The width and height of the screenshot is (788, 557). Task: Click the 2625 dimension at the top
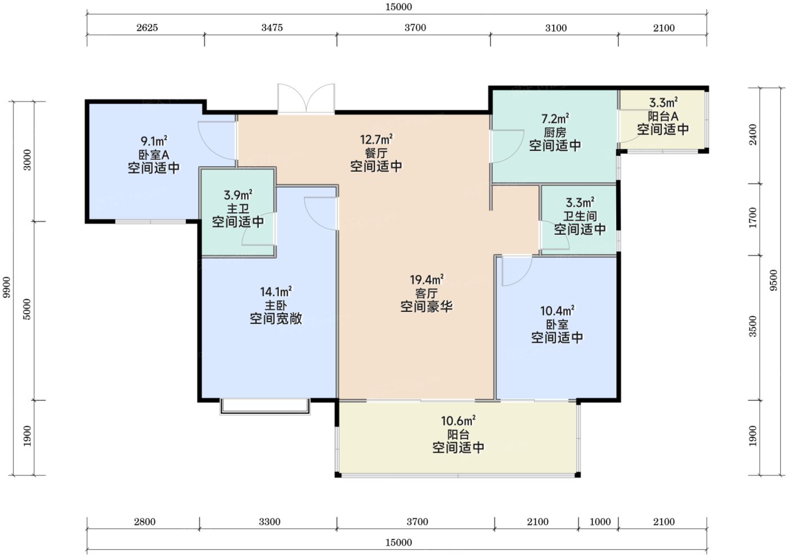pyautogui.click(x=147, y=28)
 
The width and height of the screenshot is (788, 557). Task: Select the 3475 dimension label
pyautogui.click(x=272, y=28)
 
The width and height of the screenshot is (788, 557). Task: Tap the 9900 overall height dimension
pyautogui.click(x=6, y=287)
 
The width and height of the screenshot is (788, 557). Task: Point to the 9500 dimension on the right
pyautogui.click(x=773, y=280)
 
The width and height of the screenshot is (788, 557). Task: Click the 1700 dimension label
pyautogui.click(x=753, y=217)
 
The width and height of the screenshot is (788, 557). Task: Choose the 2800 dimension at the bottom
pyautogui.click(x=145, y=522)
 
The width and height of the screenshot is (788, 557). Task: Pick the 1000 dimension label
pyautogui.click(x=600, y=522)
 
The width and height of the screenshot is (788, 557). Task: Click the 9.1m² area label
pyautogui.click(x=154, y=141)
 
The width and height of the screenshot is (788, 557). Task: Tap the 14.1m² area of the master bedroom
pyautogui.click(x=276, y=292)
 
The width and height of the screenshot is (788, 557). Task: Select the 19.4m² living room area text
pyautogui.click(x=426, y=279)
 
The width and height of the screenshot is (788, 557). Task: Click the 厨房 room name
pyautogui.click(x=555, y=132)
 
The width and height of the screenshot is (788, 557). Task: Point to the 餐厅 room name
pyautogui.click(x=376, y=153)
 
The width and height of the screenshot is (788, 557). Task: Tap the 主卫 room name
pyautogui.click(x=238, y=208)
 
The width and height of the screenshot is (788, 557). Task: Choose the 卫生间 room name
pyautogui.click(x=580, y=216)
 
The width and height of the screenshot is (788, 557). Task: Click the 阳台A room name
pyautogui.click(x=663, y=116)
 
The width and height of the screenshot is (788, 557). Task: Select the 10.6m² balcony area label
pyautogui.click(x=458, y=421)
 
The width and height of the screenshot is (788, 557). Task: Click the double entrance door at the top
pyautogui.click(x=306, y=99)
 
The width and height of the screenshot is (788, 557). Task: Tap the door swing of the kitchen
pyautogui.click(x=507, y=146)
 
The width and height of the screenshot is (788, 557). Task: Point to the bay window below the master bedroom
pyautogui.click(x=265, y=407)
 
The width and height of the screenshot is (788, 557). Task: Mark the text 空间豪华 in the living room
pyautogui.click(x=426, y=306)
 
